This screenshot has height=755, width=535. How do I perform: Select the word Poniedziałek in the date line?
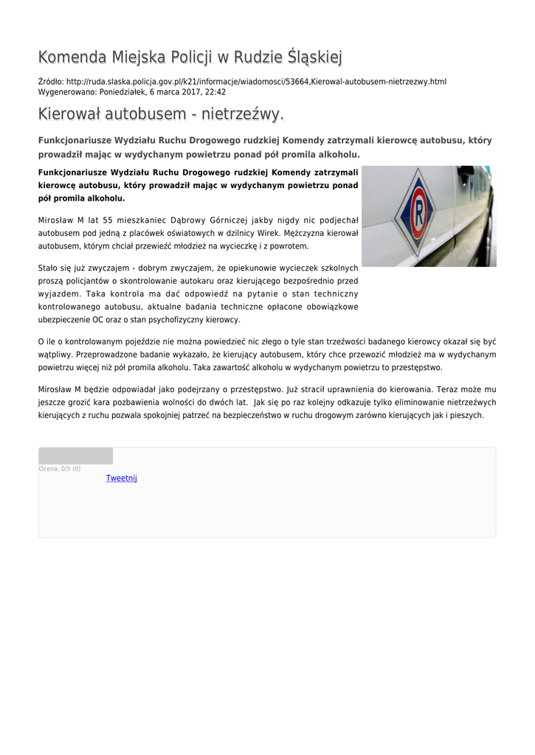(x=117, y=92)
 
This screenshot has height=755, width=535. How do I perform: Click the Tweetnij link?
(x=122, y=479)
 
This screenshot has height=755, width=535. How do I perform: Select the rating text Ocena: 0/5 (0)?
(x=60, y=469)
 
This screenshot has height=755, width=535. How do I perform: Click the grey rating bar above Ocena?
(x=75, y=456)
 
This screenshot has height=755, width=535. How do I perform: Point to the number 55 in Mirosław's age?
(x=108, y=220)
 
